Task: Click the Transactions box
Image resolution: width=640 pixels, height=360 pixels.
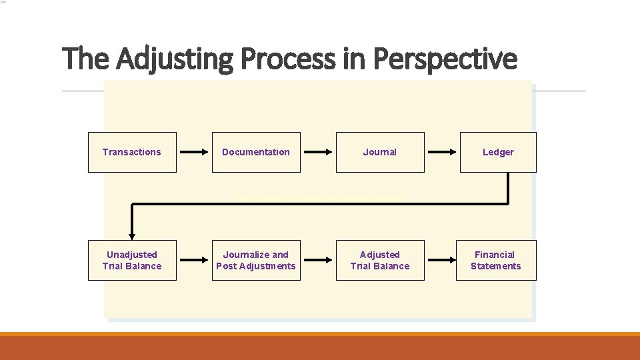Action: pyautogui.click(x=132, y=152)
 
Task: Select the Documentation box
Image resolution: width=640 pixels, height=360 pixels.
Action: pyautogui.click(x=256, y=152)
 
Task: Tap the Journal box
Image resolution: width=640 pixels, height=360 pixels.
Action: pyautogui.click(x=380, y=152)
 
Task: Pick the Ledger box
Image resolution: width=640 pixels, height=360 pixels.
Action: pyautogui.click(x=498, y=152)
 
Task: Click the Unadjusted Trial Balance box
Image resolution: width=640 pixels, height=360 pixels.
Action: pyautogui.click(x=132, y=260)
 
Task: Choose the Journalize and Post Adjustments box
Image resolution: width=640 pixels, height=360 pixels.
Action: pyautogui.click(x=256, y=260)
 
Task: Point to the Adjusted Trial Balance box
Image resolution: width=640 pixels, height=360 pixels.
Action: pyautogui.click(x=380, y=260)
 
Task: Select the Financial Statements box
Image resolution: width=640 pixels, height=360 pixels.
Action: pyautogui.click(x=496, y=260)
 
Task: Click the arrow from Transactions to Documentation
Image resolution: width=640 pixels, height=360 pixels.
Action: pyautogui.click(x=195, y=152)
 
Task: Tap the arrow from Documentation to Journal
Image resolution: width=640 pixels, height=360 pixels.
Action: pyautogui.click(x=318, y=152)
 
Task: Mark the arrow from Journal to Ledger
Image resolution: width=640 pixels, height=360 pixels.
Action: pyautogui.click(x=442, y=152)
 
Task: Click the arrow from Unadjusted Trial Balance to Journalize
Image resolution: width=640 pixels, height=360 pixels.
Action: pyautogui.click(x=195, y=260)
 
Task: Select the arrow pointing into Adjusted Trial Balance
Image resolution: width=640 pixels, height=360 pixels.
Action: pyautogui.click(x=318, y=260)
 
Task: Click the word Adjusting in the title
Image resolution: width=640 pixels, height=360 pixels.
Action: pyautogui.click(x=175, y=59)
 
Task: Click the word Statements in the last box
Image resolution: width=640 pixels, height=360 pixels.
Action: pyautogui.click(x=496, y=266)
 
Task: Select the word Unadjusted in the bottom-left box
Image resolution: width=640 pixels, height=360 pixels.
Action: pyautogui.click(x=132, y=255)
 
